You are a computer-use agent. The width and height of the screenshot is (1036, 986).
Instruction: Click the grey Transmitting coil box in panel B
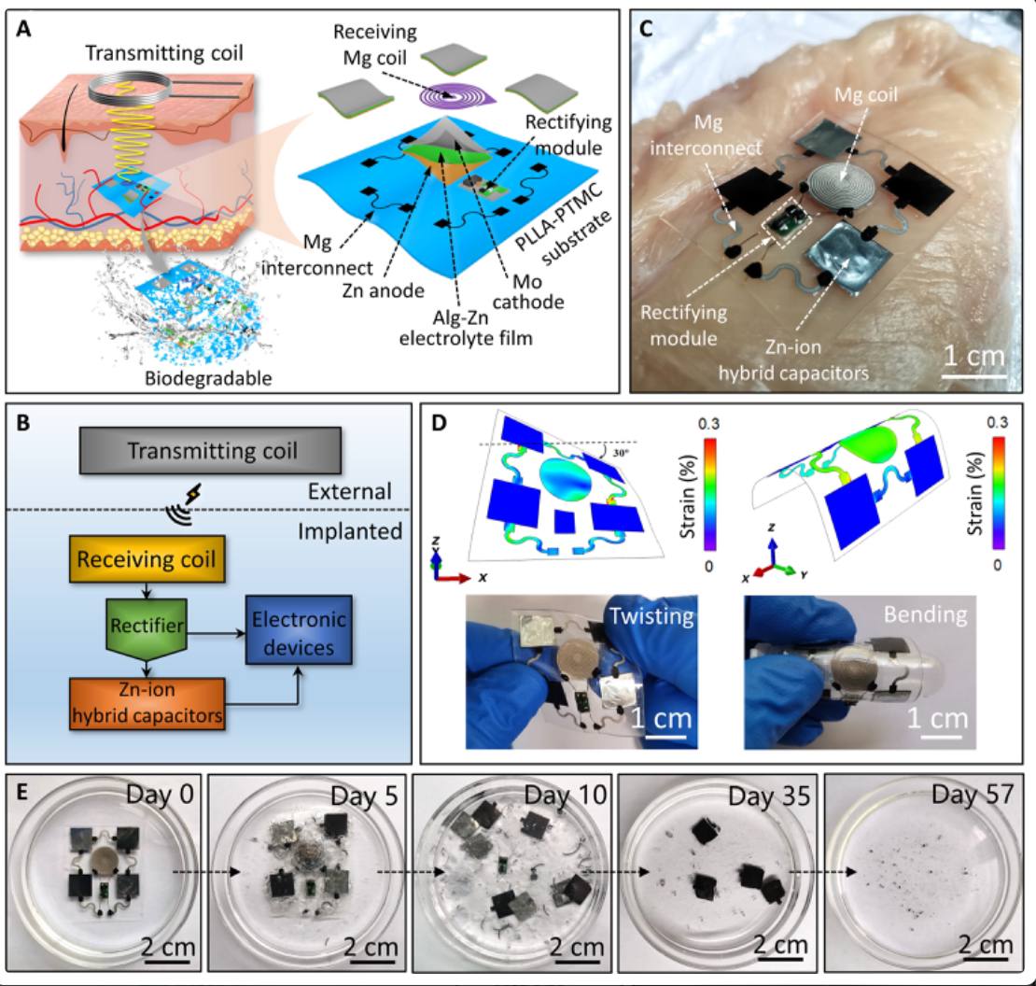(x=212, y=451)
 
